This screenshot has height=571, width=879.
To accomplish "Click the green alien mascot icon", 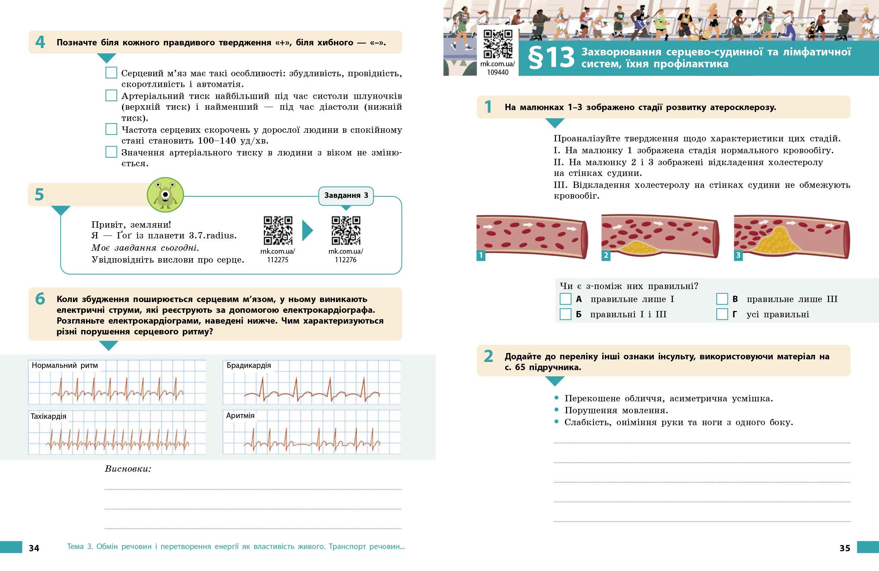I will pos(165,195).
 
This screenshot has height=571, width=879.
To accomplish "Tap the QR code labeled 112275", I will pos(278,230).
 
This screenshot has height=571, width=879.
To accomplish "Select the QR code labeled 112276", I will pos(346,230).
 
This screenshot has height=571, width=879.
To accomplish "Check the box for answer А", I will pos(566,299).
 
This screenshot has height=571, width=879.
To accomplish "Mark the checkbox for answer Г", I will pos(722,314).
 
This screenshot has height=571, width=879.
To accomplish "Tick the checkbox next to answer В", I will pos(722,299).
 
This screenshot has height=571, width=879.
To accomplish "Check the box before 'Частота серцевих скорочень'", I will pos(111,129).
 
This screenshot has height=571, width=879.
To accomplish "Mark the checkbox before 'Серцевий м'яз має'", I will pos(111,73).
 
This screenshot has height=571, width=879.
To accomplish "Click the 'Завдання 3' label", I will pos(346,196).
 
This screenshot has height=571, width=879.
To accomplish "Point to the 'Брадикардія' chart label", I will pos(249,365).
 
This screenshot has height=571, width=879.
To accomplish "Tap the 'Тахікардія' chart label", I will pos(48,416).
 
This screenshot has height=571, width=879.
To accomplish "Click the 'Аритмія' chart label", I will pos(240,416).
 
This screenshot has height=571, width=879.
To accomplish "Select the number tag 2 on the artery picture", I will pos(606,256).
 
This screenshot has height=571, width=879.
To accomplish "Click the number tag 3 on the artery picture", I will pos(738,256).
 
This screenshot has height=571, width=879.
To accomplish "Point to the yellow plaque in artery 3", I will pos(777,241).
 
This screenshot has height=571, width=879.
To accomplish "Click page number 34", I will pos(34,548).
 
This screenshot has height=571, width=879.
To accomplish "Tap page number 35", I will pos(845,548).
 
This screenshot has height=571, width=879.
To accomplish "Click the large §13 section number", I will pos(551,58).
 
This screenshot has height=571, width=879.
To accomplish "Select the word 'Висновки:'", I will pos(128,469).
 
